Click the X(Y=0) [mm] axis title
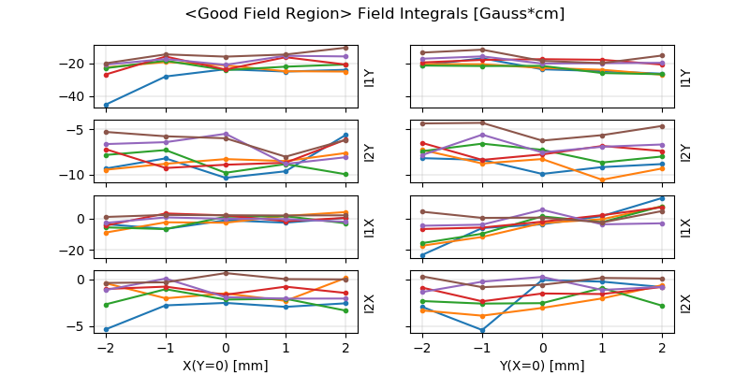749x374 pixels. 226,366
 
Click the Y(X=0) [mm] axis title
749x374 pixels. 542,366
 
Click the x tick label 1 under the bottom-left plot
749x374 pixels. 286,348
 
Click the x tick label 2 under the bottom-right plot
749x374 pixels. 662,348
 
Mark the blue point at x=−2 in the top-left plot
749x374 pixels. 106,105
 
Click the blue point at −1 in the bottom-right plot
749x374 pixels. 482,330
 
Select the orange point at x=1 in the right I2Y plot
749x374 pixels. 602,180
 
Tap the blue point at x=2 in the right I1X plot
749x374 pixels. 662,198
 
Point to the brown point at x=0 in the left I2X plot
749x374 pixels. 226,273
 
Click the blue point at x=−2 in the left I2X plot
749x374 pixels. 106,329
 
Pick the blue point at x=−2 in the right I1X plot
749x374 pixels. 422,255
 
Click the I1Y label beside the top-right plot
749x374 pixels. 686,78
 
